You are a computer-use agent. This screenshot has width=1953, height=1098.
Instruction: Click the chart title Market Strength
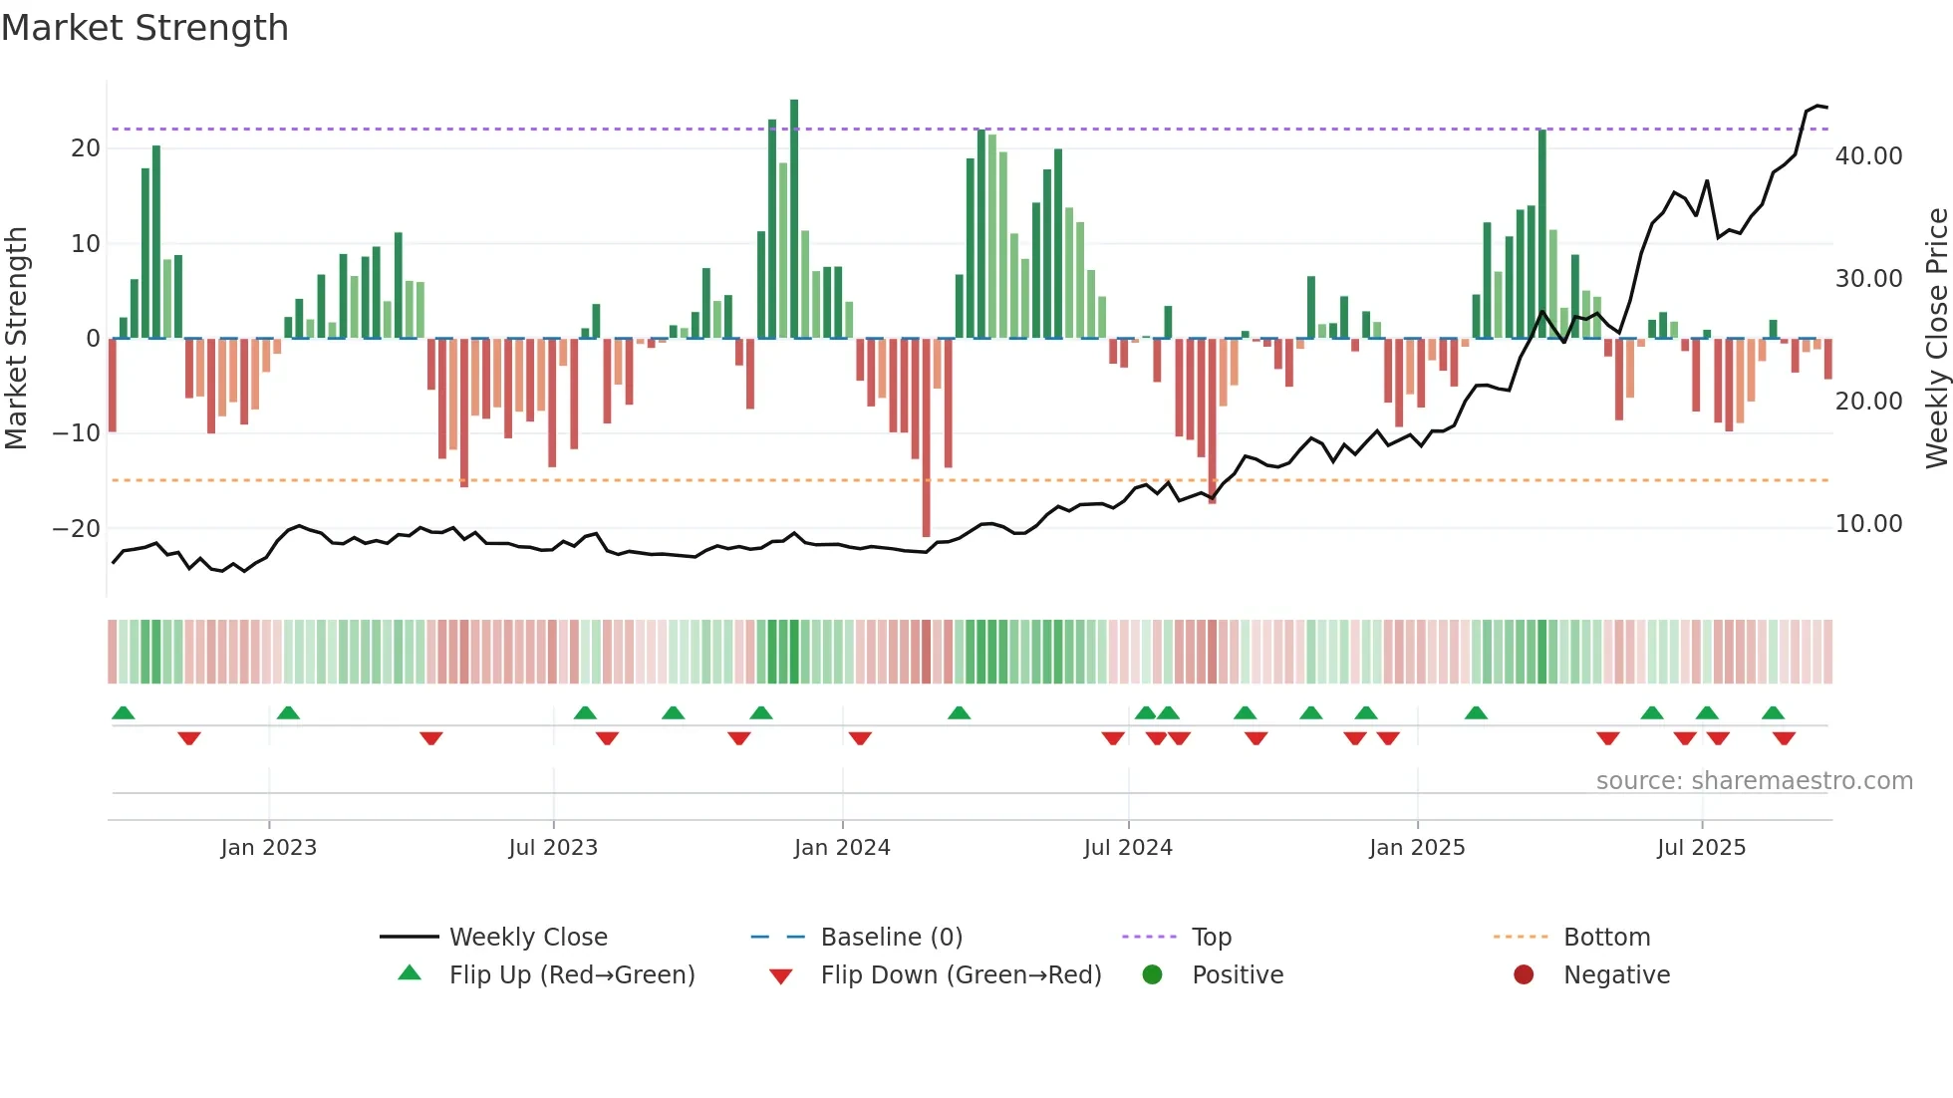pyautogui.click(x=144, y=28)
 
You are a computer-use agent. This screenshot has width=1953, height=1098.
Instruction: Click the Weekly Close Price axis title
pyautogui.click(x=1936, y=339)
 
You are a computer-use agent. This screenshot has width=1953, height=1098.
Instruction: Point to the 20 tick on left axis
pyautogui.click(x=86, y=148)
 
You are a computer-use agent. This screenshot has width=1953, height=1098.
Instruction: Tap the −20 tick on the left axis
pyautogui.click(x=77, y=529)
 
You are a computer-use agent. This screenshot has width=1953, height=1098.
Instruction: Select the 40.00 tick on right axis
pyautogui.click(x=1868, y=156)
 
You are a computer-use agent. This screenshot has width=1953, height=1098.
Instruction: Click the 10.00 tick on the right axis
pyautogui.click(x=1868, y=524)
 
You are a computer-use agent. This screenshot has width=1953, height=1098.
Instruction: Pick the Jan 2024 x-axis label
pyautogui.click(x=842, y=848)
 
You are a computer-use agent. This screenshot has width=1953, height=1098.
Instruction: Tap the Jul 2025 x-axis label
pyautogui.click(x=1701, y=848)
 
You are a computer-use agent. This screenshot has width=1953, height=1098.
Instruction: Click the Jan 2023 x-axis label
pyautogui.click(x=268, y=848)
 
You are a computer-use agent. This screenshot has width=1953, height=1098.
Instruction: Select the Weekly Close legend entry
pyautogui.click(x=527, y=938)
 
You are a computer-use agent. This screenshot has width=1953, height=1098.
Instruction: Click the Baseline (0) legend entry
pyautogui.click(x=891, y=938)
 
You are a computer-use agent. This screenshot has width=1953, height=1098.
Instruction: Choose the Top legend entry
pyautogui.click(x=1211, y=938)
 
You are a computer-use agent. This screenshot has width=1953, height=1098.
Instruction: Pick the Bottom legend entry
pyautogui.click(x=1606, y=938)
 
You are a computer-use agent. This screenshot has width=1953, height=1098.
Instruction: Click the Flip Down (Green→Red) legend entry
pyautogui.click(x=961, y=975)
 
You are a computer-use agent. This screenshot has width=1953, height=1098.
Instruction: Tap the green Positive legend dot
pyautogui.click(x=1152, y=975)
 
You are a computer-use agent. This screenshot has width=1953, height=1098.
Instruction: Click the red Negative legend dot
pyautogui.click(x=1524, y=975)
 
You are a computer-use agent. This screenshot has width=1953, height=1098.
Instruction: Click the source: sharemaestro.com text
pyautogui.click(x=1754, y=781)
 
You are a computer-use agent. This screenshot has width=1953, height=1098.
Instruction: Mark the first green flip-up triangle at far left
pyautogui.click(x=124, y=713)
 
